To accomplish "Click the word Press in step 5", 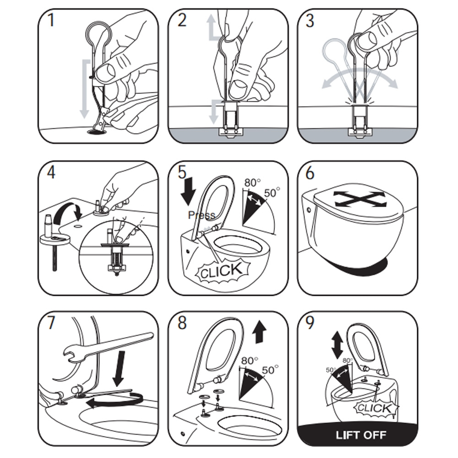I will [x=201, y=215].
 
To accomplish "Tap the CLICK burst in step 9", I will [x=374, y=407].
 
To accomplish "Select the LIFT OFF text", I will [x=361, y=434].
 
